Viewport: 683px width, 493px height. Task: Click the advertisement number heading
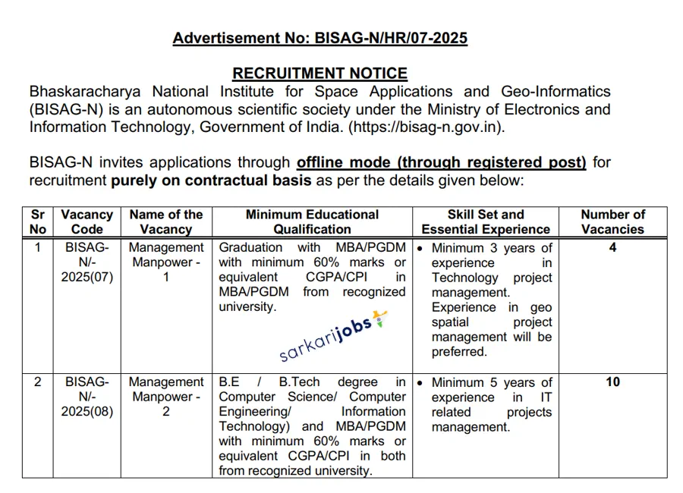tap(319, 38)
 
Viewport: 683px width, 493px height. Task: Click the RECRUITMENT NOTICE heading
tap(319, 74)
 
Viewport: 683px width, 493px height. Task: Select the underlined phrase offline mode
tap(345, 162)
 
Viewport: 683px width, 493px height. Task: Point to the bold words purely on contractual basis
tap(211, 181)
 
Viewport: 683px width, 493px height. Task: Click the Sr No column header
tap(38, 222)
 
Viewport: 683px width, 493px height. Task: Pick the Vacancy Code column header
tap(87, 222)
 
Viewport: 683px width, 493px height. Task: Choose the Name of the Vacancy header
tap(165, 222)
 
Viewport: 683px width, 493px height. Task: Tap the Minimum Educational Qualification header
tap(312, 222)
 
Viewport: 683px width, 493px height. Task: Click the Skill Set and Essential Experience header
tap(486, 222)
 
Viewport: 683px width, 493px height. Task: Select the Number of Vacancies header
tap(612, 222)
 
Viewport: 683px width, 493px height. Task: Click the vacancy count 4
tap(612, 248)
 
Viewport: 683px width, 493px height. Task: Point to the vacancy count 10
tap(612, 382)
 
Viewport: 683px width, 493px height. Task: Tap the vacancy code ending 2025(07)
tap(87, 262)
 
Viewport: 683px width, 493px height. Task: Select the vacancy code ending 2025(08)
tap(87, 397)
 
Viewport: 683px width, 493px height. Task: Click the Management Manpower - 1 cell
tap(165, 262)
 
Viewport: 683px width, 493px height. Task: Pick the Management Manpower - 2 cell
tap(165, 397)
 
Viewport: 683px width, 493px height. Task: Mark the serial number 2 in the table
tap(38, 382)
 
